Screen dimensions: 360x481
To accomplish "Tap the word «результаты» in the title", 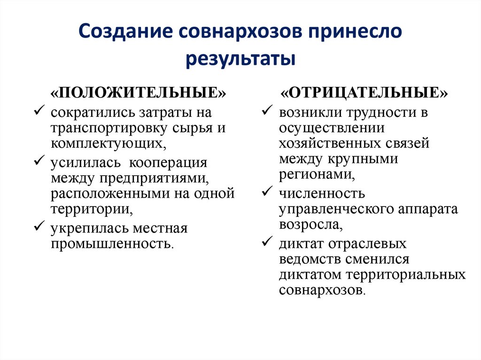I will [x=240, y=60].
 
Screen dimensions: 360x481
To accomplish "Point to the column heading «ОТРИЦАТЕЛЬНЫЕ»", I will [x=365, y=92].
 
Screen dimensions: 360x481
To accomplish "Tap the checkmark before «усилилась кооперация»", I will [x=39, y=161].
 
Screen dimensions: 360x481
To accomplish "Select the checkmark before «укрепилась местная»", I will [x=39, y=227].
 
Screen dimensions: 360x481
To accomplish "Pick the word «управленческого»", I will [x=335, y=209].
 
